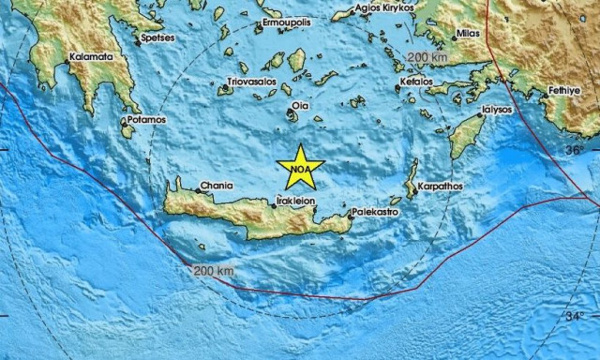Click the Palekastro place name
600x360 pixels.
[x=378, y=214]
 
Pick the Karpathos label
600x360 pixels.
[x=441, y=187]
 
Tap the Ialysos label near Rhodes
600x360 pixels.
[x=495, y=109]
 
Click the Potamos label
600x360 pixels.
[x=147, y=120]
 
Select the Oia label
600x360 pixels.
[x=301, y=106]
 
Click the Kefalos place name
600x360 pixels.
[x=416, y=82]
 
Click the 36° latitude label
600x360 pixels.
[x=573, y=150]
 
